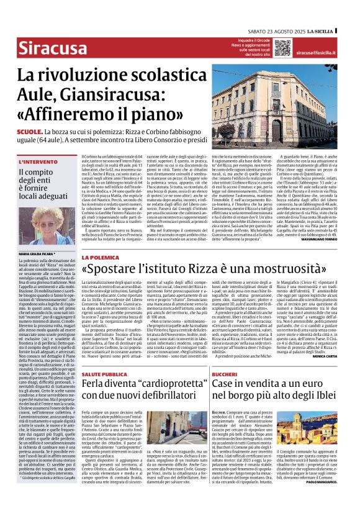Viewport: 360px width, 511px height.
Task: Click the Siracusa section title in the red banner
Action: (50, 47)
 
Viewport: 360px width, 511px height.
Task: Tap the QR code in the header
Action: (282, 47)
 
